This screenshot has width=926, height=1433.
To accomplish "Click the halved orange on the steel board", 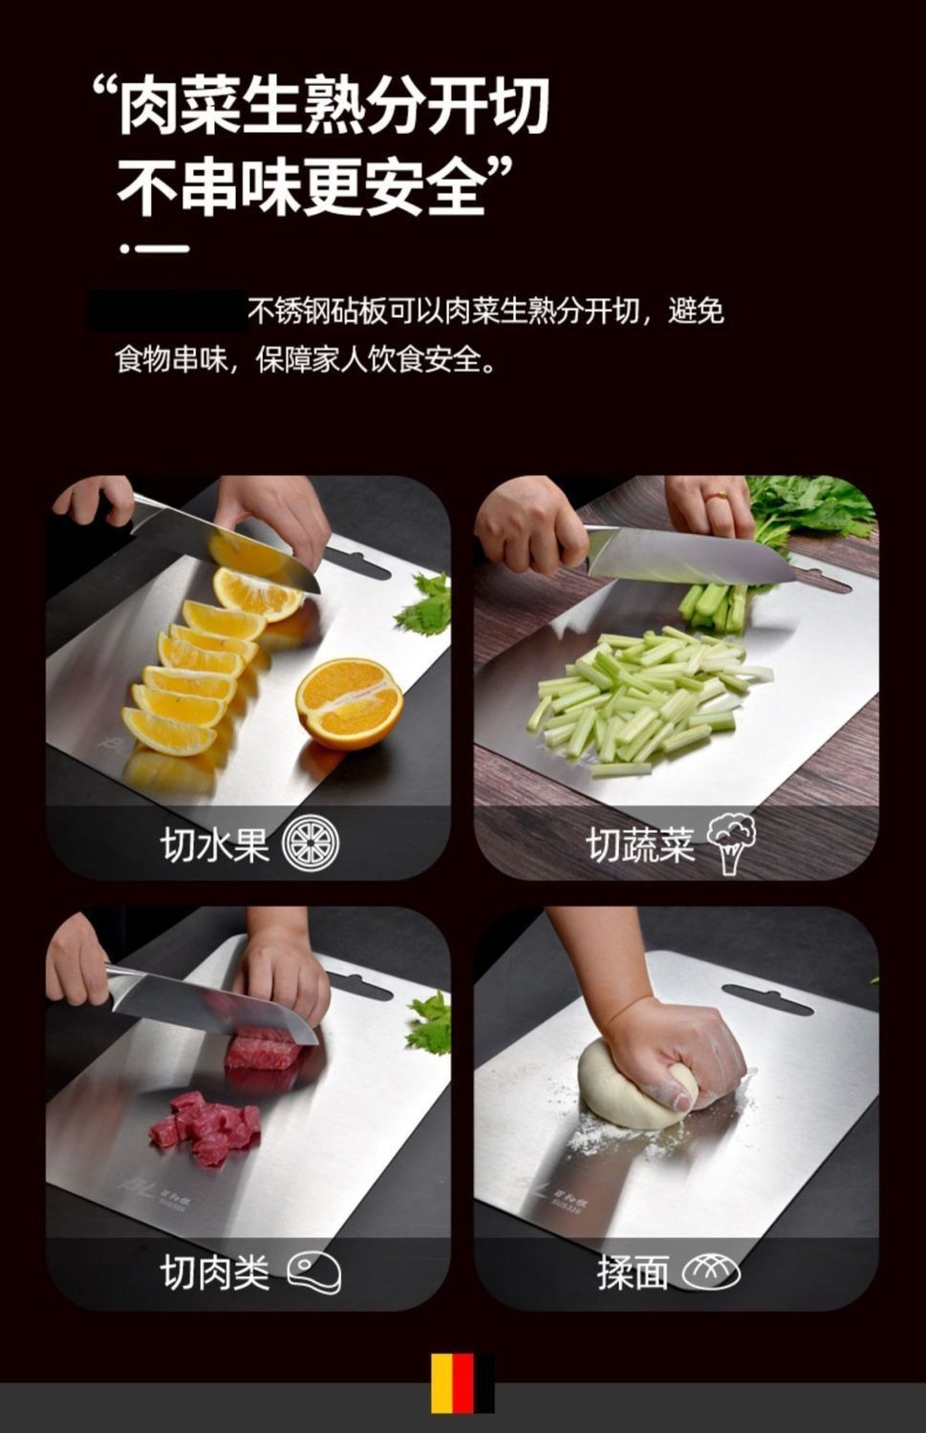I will (x=349, y=704).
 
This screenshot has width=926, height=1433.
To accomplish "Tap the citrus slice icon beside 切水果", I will (x=312, y=844).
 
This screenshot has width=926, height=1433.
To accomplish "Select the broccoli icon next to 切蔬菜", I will (x=731, y=843).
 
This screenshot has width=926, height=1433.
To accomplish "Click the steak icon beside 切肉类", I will (x=314, y=1272).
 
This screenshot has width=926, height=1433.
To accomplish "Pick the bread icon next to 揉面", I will (x=711, y=1272).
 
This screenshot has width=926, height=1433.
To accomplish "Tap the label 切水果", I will (x=215, y=845).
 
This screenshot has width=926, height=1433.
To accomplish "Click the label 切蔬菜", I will (x=640, y=845).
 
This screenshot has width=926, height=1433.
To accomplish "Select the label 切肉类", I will (x=215, y=1273).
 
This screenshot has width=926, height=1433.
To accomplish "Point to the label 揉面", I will (x=633, y=1273).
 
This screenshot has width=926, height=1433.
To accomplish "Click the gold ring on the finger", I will (x=719, y=496).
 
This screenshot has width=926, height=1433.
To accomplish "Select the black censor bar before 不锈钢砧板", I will (x=167, y=310).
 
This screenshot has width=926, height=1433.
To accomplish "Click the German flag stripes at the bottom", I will (x=463, y=1382).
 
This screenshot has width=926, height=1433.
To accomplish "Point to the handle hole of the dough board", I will (x=768, y=999).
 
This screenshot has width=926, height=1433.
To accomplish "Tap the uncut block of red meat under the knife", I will (x=260, y=1048).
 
